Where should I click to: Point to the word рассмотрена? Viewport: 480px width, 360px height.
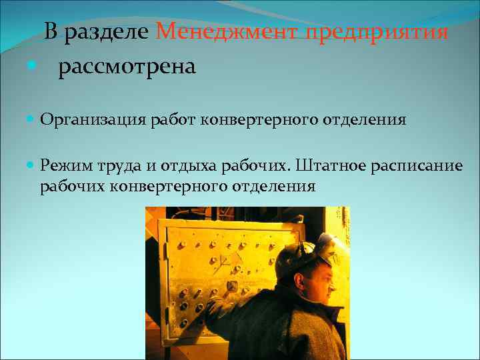[x=127, y=67]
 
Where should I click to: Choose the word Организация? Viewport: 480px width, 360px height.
[x=93, y=120]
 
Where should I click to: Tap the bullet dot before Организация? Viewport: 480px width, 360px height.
[x=32, y=120]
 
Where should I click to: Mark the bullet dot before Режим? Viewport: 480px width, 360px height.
[x=32, y=165]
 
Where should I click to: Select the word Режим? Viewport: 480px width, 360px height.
[x=64, y=165]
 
